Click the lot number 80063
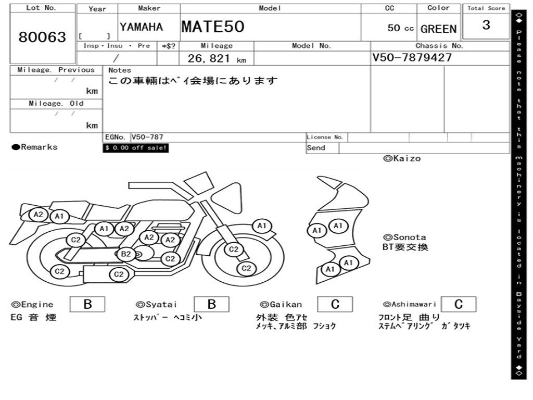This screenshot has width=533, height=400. tap(42, 37)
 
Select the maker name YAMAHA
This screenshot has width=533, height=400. tap(141, 27)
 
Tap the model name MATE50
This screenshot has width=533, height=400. tap(213, 27)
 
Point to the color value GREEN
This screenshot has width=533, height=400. tap(438, 29)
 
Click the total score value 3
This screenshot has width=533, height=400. tap(486, 25)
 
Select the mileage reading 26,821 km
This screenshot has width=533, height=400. tap(217, 58)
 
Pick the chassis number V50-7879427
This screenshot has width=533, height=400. tap(412, 57)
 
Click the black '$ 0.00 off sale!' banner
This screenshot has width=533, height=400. tap(136, 148)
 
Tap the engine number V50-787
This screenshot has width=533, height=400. tap(147, 137)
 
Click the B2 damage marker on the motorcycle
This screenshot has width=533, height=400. tap(126, 254)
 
